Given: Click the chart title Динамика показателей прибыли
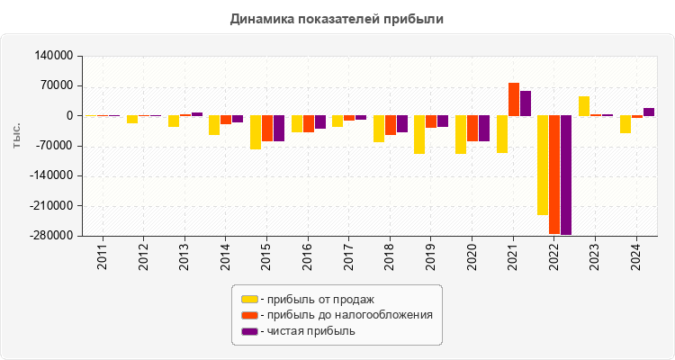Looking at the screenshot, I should (x=337, y=18).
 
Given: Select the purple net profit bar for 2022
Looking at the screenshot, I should (x=566, y=175).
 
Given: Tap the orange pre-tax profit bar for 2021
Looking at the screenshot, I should (x=514, y=99).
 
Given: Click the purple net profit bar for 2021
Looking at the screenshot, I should (x=526, y=103).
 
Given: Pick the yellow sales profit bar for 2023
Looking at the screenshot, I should (x=584, y=106).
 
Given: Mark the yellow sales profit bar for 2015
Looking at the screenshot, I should (x=256, y=132).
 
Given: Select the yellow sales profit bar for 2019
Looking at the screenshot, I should (x=419, y=135).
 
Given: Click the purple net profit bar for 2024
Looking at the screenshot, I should (x=648, y=112).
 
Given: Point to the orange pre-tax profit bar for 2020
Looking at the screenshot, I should (x=472, y=129).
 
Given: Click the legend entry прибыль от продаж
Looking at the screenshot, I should (x=315, y=299).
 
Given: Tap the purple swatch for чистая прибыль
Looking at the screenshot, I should (x=249, y=331).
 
